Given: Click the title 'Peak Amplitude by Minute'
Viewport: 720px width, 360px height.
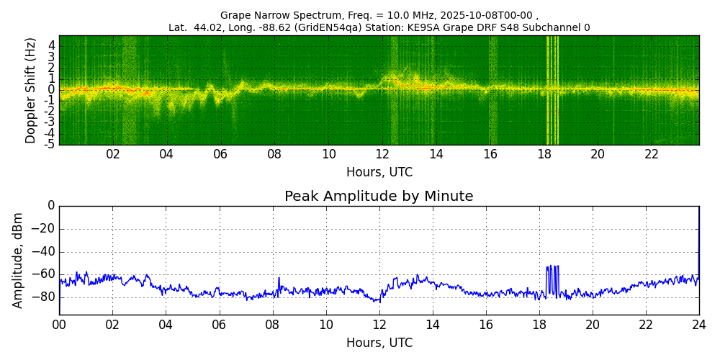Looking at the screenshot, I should (379, 197).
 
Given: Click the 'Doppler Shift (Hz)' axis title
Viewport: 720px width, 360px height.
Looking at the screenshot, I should (30, 90).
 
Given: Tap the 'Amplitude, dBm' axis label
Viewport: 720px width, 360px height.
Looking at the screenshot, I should (18, 260).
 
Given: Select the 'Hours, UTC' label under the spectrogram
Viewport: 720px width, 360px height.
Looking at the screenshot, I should (379, 173).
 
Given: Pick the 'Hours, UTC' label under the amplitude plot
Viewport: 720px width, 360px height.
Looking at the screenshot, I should (379, 343).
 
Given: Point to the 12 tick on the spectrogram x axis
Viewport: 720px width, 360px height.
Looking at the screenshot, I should (382, 154).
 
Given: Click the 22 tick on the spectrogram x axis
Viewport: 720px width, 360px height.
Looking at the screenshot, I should (652, 154).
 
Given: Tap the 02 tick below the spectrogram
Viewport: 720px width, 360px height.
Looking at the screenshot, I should (113, 154).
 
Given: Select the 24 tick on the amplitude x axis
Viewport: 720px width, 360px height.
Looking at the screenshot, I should (698, 325).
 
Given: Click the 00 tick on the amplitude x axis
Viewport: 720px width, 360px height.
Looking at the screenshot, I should (59, 325).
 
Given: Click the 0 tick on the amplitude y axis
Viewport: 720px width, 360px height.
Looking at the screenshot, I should (51, 206).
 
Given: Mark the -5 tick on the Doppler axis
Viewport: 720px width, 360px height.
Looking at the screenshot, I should (50, 144).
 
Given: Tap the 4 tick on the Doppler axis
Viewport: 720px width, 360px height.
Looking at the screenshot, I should (52, 45).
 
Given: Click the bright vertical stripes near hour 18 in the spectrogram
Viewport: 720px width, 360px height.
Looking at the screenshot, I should (552, 90).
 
